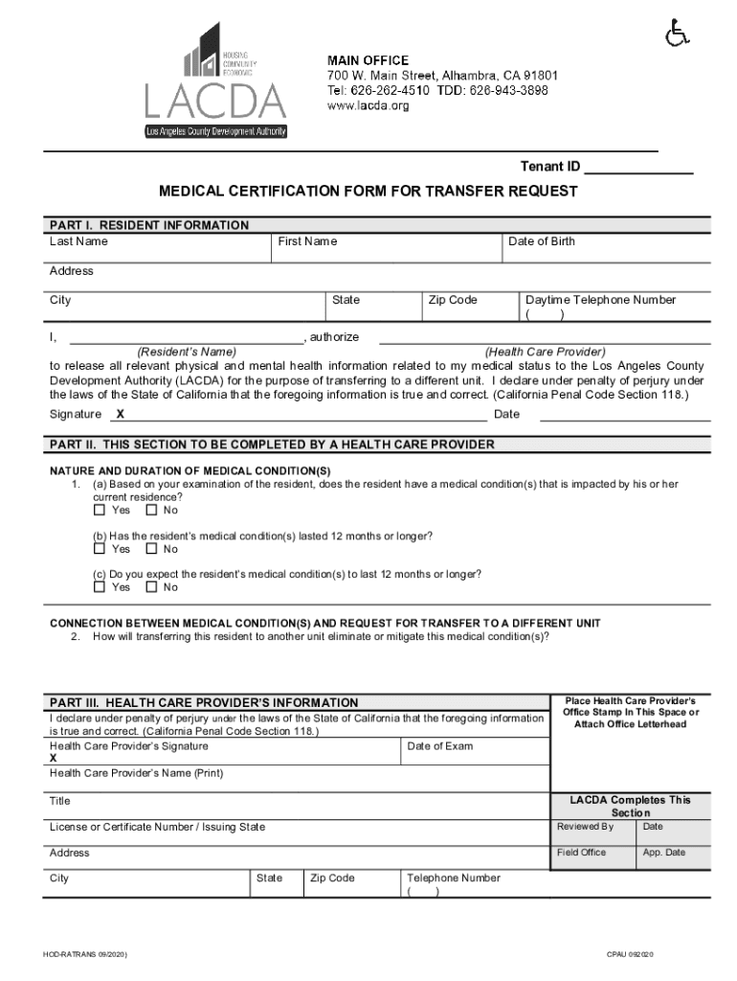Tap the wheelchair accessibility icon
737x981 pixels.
(677, 35)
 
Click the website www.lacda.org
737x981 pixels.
(368, 105)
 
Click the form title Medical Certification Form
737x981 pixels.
(368, 192)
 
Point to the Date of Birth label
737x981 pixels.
(542, 241)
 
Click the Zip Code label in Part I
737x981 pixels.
(453, 300)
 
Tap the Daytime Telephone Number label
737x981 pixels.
(600, 300)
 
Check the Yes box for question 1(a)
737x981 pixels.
(99, 511)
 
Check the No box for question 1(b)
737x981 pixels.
(150, 549)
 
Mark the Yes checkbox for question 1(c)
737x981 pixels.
(99, 587)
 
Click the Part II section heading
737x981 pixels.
(272, 445)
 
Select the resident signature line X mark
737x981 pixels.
(120, 415)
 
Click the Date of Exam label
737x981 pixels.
(439, 746)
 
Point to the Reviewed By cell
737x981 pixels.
(585, 827)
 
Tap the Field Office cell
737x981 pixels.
(581, 853)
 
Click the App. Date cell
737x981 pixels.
(664, 853)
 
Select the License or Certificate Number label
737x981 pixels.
(158, 827)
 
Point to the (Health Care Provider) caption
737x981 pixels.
(545, 352)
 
